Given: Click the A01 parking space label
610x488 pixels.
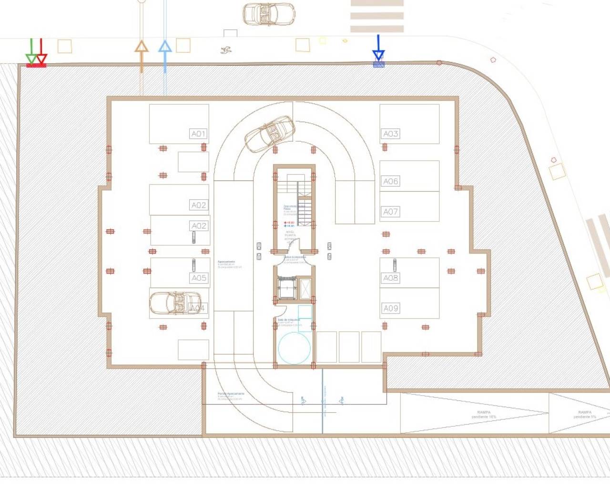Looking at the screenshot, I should pos(198,134).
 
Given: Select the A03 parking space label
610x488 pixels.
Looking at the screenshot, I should pos(391,134).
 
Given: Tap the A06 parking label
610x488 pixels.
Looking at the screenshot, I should pos(391,181).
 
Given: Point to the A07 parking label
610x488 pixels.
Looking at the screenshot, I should pos(391,212).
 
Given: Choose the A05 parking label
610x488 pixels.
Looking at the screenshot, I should pos(199,278).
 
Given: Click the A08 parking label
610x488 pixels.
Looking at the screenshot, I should pos(391,278).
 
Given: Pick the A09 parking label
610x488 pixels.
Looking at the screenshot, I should pos(391,308).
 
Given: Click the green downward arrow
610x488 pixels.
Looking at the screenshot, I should pos(31,53).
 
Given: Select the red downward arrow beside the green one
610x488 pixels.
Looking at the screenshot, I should pos(41,53).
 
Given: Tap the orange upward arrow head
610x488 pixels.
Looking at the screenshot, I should pos(142,47).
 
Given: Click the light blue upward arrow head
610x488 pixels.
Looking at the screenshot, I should pos(165,47).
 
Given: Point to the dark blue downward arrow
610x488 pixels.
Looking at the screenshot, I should pos(378,50).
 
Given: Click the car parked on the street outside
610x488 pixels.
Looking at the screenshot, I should pos(268,14).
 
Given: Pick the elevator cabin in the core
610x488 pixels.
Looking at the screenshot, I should pos(287,287).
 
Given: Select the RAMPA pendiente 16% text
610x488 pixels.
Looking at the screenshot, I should pos(484,415).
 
